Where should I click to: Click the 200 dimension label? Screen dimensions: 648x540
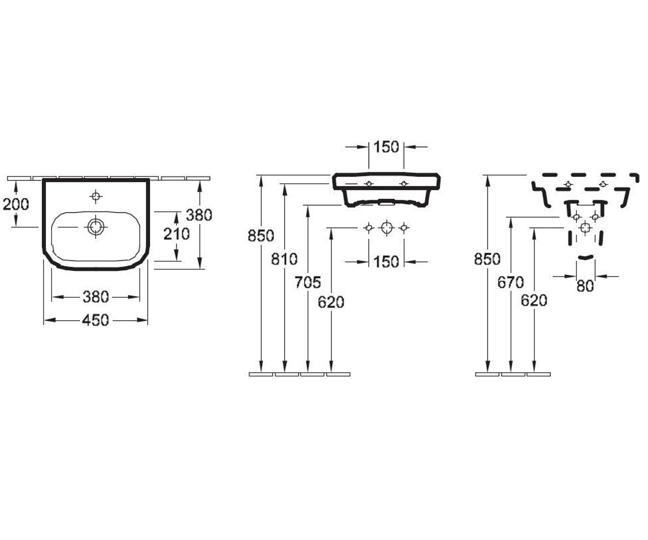[x=16, y=204]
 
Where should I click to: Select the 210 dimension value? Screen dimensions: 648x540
[x=177, y=234]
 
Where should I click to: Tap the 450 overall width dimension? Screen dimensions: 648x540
[x=96, y=320]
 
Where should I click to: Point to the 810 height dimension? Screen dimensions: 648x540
[x=284, y=259]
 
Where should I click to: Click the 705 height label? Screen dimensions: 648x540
[x=308, y=282]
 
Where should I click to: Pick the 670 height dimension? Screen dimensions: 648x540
[x=510, y=282]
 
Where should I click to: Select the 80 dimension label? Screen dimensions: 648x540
[x=585, y=286]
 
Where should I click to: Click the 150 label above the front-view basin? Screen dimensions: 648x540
[x=386, y=147]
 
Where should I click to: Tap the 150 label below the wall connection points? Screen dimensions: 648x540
[x=386, y=262]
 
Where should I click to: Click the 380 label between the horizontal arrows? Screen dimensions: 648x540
[x=96, y=297]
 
